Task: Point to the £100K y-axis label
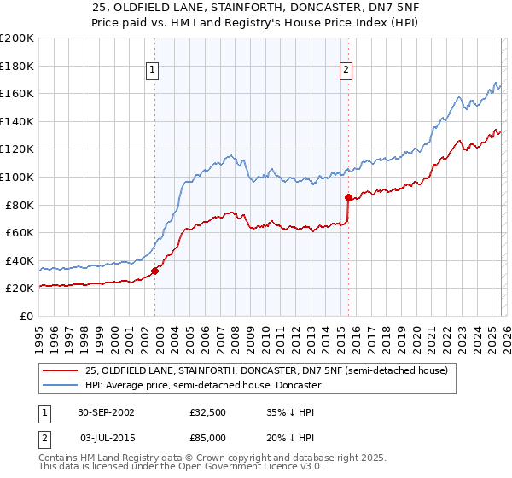point(17,178)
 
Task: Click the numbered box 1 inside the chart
point(152,71)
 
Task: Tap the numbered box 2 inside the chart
point(346,71)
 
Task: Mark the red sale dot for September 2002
point(154,271)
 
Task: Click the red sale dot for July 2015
point(348,198)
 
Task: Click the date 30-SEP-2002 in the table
point(106,412)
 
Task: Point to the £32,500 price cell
point(207,412)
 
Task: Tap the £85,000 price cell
point(207,436)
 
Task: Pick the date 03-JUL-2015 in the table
point(106,436)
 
